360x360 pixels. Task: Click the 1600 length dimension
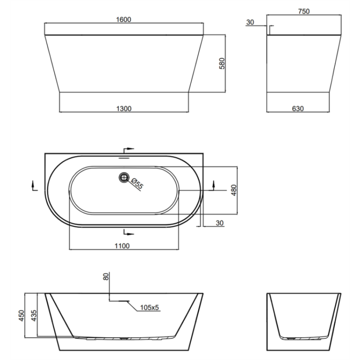[x=124, y=20]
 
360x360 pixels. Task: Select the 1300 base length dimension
[x=124, y=108]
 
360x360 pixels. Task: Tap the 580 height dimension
[x=222, y=64]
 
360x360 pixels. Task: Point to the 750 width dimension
[x=304, y=11]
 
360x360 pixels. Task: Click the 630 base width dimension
[x=298, y=108]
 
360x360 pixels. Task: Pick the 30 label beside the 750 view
[x=250, y=22]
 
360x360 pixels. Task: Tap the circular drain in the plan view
[x=124, y=178]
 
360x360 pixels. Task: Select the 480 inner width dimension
[x=234, y=190]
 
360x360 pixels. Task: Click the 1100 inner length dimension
[x=122, y=246]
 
